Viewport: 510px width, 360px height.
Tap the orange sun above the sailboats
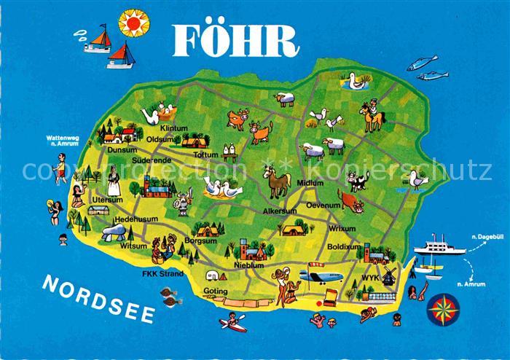(x=133, y=23)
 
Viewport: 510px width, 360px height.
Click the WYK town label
(x=371, y=278)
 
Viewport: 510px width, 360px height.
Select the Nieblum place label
(x=248, y=265)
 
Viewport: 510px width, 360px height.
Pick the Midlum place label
(x=310, y=183)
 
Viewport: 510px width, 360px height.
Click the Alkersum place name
(x=279, y=211)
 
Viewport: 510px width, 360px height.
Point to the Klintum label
(x=173, y=128)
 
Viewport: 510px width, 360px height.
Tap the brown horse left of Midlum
(x=277, y=181)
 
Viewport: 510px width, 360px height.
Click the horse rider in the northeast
(x=372, y=115)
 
